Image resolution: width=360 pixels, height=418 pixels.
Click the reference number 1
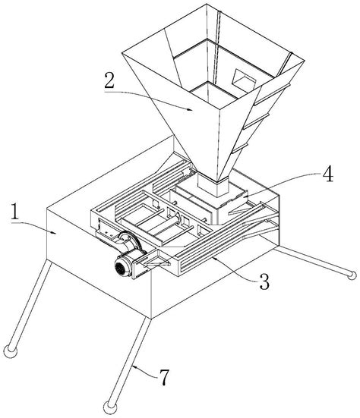point(15,212)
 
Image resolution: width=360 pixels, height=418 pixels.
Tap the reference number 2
point(109,80)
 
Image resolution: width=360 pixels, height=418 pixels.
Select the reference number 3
point(264,281)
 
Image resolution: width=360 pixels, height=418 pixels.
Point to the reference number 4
point(328,174)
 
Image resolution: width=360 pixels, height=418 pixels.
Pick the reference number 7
point(164,378)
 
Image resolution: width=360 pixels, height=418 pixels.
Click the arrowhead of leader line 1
point(55,233)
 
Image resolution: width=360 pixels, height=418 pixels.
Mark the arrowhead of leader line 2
point(190,109)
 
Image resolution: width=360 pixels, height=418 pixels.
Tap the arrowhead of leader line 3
point(214,257)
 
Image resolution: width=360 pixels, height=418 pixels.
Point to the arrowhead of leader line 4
point(242,196)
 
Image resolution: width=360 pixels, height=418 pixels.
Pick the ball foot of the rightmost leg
point(352,275)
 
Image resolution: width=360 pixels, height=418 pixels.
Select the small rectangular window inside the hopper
point(243,78)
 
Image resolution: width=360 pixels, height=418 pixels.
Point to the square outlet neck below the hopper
point(213,184)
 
